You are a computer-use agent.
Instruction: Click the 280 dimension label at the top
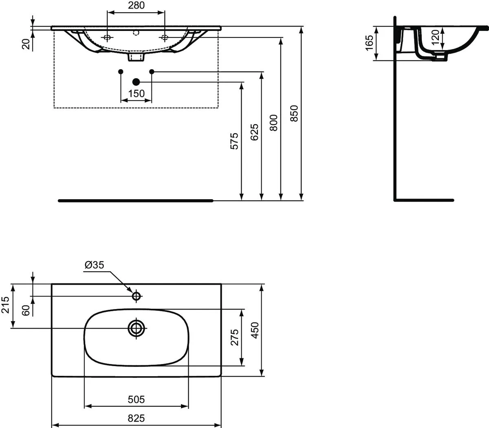(136, 5)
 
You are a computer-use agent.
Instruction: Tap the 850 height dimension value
(294, 114)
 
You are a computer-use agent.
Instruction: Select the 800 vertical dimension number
(274, 123)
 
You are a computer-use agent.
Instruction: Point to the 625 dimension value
(254, 132)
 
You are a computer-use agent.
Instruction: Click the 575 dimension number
(234, 141)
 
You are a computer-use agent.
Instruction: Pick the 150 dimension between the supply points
(136, 93)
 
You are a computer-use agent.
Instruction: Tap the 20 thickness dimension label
(26, 44)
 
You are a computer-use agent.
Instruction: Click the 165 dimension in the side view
(369, 43)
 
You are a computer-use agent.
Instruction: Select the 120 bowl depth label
(436, 37)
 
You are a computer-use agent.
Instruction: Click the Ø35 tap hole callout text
(94, 265)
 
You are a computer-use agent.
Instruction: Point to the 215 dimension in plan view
(5, 305)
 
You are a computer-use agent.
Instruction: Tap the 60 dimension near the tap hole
(26, 310)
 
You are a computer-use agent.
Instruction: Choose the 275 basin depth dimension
(235, 337)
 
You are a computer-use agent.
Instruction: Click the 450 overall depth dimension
(255, 330)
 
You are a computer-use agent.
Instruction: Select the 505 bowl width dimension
(136, 399)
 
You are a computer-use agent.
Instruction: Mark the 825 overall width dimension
(136, 418)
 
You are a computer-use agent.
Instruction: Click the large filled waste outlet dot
(136, 82)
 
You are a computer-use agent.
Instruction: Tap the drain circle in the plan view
(136, 328)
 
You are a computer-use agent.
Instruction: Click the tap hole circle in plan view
(136, 296)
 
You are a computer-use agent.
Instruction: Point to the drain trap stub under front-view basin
(136, 57)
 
